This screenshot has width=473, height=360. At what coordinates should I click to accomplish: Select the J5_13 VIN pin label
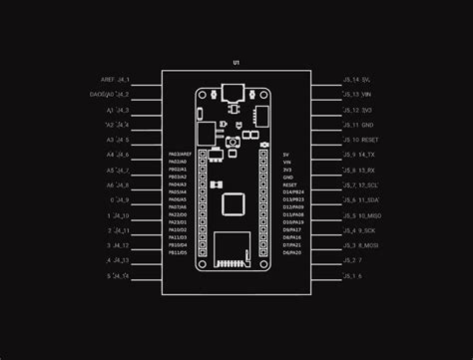tap(356, 94)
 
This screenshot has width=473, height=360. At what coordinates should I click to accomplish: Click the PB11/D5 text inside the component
tap(178, 252)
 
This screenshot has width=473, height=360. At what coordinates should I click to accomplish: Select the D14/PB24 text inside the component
tap(293, 192)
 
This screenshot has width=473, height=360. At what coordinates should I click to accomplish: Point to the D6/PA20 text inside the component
tap(292, 252)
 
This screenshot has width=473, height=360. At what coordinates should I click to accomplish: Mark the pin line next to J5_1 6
tap(324, 275)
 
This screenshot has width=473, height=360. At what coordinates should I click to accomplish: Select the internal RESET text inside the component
tap(291, 184)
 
